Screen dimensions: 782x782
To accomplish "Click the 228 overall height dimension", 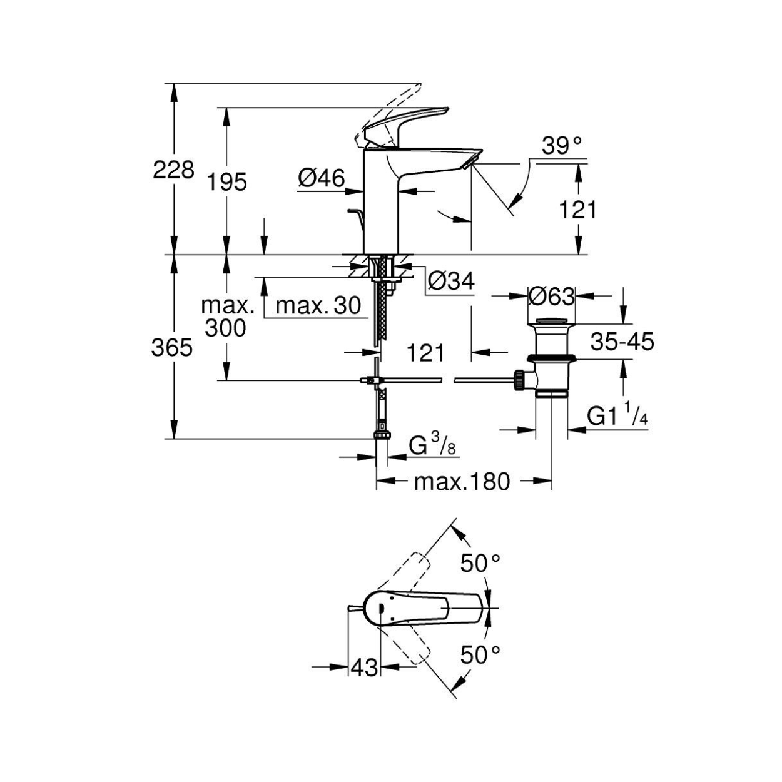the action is [x=173, y=170].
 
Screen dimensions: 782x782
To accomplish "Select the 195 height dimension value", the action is [x=227, y=181].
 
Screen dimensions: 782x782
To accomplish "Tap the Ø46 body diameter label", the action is [x=322, y=178].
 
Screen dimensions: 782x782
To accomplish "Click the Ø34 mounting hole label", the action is [x=451, y=280].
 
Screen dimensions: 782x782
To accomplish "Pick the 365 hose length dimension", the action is [x=171, y=348].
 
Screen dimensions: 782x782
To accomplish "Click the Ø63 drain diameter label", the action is [x=552, y=297].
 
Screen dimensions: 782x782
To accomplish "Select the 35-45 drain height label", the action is [x=622, y=342].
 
